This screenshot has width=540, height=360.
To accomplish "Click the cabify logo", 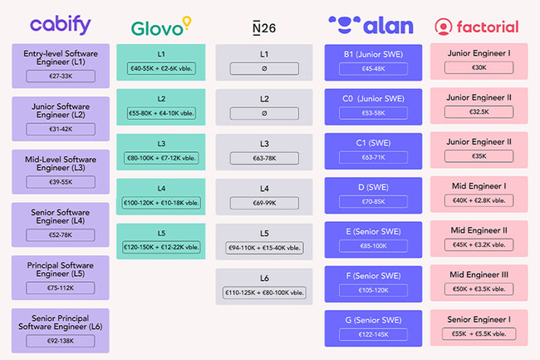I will pyautogui.click(x=61, y=25).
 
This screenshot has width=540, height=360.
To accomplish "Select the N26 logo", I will pyautogui.click(x=264, y=28).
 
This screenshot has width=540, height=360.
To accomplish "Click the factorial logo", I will pyautogui.click(x=476, y=26).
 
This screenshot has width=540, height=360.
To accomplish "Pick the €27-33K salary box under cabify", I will pyautogui.click(x=61, y=76).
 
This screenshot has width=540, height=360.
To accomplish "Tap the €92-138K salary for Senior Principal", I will pyautogui.click(x=61, y=340).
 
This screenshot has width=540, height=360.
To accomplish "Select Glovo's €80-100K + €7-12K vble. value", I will pyautogui.click(x=163, y=158).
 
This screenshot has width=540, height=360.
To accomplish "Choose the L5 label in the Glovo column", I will pyautogui.click(x=163, y=233).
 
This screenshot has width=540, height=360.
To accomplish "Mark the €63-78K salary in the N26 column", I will pyautogui.click(x=264, y=158).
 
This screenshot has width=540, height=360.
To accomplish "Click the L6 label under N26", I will pyautogui.click(x=264, y=278).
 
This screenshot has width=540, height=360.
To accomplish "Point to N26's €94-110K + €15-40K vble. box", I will pyautogui.click(x=264, y=248).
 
